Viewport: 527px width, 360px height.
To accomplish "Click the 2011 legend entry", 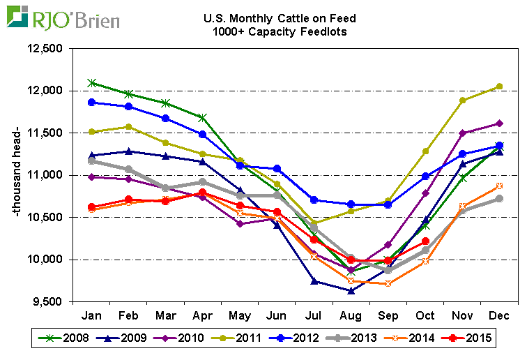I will [242, 338].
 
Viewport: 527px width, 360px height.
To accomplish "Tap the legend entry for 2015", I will [472, 338].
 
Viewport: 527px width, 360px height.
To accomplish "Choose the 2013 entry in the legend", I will [358, 338].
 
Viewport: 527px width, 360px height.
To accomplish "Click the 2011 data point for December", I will [498, 87].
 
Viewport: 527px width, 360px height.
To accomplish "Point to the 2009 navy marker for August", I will [351, 291].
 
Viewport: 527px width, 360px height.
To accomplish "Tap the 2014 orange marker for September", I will [388, 283].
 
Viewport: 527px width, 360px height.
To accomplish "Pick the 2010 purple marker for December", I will [498, 123].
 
